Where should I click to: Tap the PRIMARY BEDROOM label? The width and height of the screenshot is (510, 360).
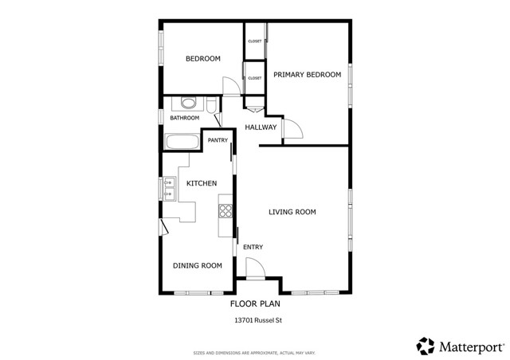point(307,75)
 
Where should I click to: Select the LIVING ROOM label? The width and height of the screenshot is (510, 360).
point(292,212)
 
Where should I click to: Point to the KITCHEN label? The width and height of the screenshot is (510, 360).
point(202,184)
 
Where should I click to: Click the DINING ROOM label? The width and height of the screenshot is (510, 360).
point(197,266)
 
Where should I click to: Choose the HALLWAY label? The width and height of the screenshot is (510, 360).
point(261,127)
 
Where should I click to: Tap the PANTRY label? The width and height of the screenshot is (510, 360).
point(218,141)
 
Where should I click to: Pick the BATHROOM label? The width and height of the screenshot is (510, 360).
point(184,118)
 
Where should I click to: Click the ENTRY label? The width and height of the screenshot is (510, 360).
point(253,247)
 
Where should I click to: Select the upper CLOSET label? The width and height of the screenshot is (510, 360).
point(255,41)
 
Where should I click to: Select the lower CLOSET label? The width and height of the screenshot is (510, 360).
point(255,78)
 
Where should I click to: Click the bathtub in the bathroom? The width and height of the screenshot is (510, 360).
point(182,143)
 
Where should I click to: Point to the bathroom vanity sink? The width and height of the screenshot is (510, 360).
point(189,103)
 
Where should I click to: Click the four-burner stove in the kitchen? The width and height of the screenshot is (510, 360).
point(226,211)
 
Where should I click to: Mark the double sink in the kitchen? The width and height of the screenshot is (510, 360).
point(169,188)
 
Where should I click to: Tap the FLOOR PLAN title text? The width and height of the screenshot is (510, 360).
point(255,303)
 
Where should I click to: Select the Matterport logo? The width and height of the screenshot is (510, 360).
point(461,346)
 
